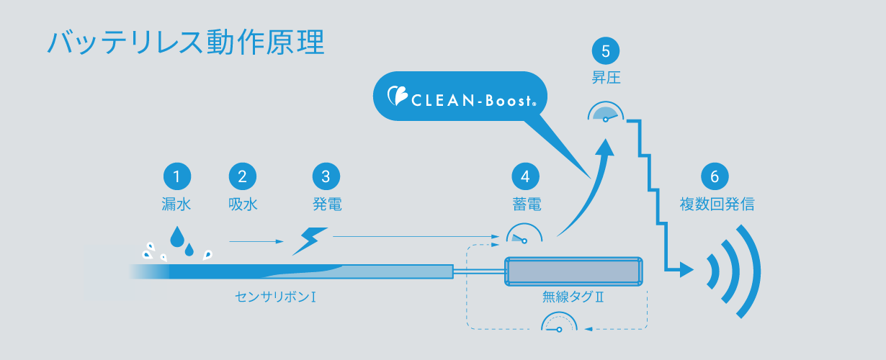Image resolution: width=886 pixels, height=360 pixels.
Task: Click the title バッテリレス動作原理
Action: pyautogui.click(x=185, y=42)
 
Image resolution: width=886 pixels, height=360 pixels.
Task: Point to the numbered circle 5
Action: pyautogui.click(x=606, y=51)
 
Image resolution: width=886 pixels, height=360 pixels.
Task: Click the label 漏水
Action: pyautogui.click(x=176, y=204)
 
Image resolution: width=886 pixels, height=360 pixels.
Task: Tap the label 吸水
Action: pyautogui.click(x=243, y=204)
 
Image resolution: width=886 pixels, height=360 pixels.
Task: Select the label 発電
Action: pyautogui.click(x=326, y=204)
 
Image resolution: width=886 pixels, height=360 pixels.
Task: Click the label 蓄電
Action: pyautogui.click(x=525, y=204)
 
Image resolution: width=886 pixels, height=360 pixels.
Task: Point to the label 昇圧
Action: pyautogui.click(x=606, y=78)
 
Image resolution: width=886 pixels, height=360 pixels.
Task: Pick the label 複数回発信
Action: pyautogui.click(x=717, y=204)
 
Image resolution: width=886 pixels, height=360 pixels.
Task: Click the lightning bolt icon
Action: pyautogui.click(x=310, y=241)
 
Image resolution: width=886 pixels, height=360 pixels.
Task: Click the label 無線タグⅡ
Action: pyautogui.click(x=573, y=297)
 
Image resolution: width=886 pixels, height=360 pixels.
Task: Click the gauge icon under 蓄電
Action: pyautogui.click(x=525, y=235)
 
